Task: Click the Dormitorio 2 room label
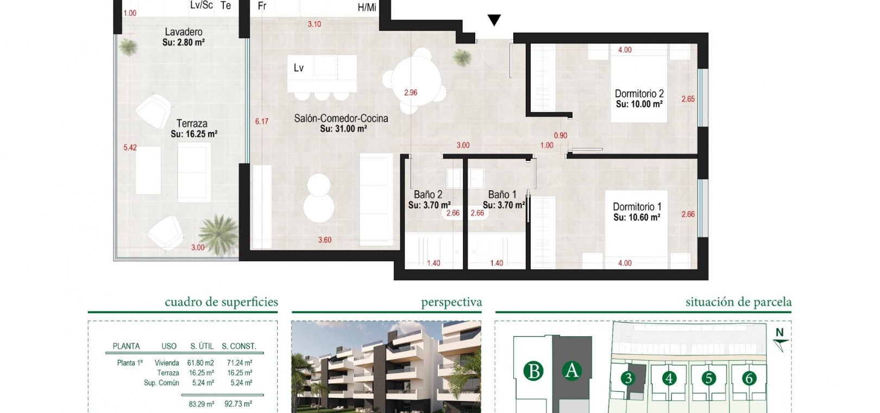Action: point(639,94)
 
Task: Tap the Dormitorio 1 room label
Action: point(637,206)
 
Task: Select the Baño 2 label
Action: point(428,195)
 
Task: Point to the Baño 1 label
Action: point(502,195)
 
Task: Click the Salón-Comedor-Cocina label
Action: point(341,118)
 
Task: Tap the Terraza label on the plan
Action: point(192,123)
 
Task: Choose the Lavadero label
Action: point(184,32)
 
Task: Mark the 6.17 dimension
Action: point(262,121)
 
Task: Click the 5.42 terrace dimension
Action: point(130,148)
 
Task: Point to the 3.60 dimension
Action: point(325,240)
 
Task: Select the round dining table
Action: point(416,80)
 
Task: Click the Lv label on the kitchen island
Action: point(299,68)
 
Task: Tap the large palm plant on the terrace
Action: point(218,234)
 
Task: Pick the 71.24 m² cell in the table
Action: point(240,363)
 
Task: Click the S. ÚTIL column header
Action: point(202,346)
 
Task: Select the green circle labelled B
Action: point(533,371)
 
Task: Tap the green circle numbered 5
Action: point(709,378)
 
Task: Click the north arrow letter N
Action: point(780,333)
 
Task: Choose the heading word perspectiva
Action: point(451,303)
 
